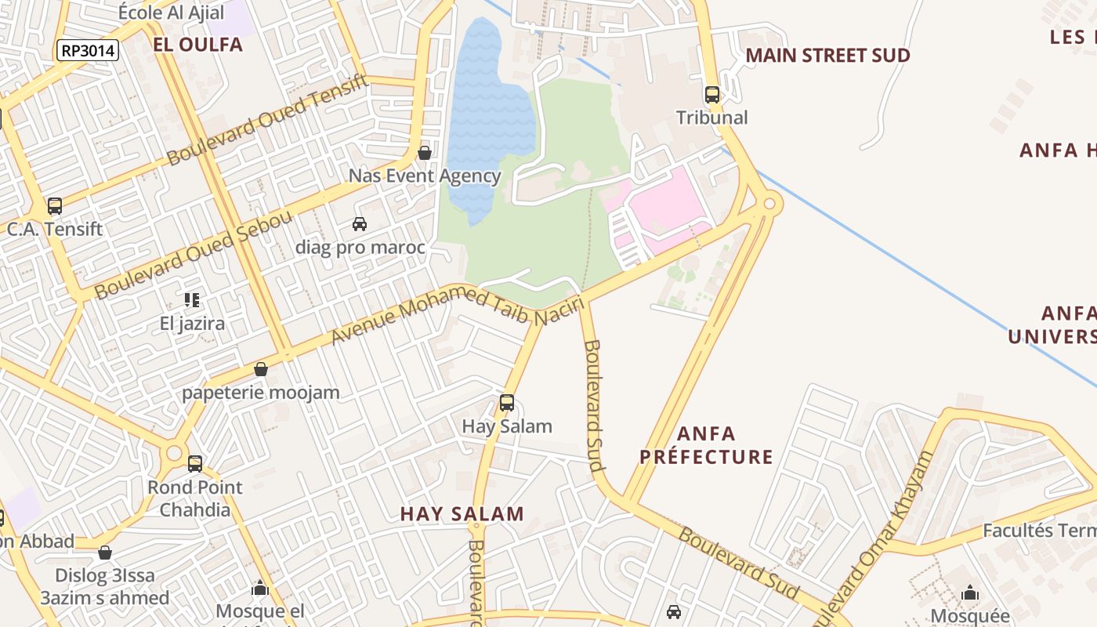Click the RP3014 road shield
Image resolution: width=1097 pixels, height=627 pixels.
point(88,51)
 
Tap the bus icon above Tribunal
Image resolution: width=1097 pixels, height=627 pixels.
point(711,95)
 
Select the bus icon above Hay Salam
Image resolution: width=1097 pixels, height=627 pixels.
point(507,403)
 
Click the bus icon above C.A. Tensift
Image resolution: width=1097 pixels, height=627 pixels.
point(54,206)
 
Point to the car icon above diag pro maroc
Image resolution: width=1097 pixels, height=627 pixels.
point(360,224)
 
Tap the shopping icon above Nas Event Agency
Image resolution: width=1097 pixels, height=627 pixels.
point(425,152)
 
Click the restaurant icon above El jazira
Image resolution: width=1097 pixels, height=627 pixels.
point(192,299)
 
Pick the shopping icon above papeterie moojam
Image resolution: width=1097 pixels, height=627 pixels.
point(261,368)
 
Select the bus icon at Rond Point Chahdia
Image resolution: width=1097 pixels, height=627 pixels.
point(195,463)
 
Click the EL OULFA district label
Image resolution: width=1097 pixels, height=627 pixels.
point(197,45)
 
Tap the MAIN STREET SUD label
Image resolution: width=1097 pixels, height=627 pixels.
point(827,56)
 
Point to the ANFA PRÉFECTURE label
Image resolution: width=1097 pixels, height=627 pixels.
point(706,445)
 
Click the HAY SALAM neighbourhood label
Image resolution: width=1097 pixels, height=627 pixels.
point(462,514)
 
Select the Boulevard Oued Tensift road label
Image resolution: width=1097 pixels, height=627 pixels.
point(266,119)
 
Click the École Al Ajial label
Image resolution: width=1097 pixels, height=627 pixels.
point(171,13)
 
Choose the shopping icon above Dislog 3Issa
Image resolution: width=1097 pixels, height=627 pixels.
point(105,553)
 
